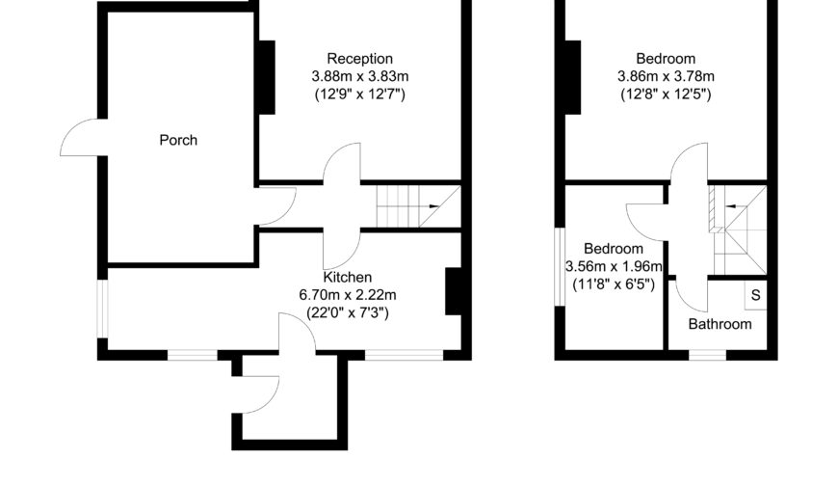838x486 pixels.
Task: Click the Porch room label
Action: [178, 140]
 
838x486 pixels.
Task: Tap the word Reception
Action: [359, 59]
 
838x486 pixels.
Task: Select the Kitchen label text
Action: [348, 278]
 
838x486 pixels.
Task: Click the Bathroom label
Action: [720, 324]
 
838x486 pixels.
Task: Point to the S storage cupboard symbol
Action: [756, 295]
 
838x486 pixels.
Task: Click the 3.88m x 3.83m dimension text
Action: [360, 76]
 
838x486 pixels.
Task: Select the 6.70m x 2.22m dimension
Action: [348, 295]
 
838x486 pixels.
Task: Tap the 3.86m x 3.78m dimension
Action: [666, 76]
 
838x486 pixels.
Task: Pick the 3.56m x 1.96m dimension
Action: [614, 266]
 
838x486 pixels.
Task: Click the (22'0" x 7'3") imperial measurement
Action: [348, 312]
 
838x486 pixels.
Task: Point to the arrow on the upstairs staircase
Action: [731, 206]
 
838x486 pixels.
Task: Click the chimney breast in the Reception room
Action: [267, 77]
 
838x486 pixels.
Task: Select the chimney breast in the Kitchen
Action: [454, 291]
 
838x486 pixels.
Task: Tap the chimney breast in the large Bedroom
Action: [572, 77]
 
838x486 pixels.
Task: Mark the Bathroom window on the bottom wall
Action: [708, 354]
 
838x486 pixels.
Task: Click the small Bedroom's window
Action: [560, 267]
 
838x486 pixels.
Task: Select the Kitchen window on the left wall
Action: [103, 310]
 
